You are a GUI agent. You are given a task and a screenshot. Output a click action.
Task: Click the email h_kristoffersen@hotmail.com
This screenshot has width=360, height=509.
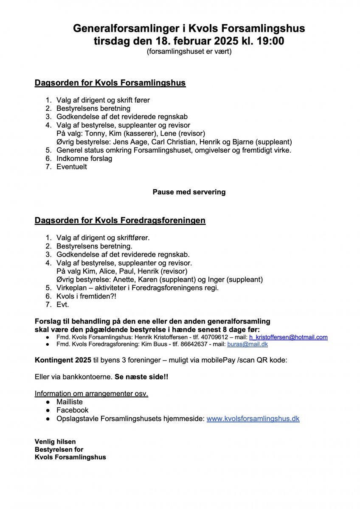coord(288,337)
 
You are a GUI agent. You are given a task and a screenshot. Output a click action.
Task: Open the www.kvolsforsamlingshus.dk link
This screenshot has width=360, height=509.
coord(253,419)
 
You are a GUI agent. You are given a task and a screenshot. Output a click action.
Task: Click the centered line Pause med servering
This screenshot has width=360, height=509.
coord(189,192)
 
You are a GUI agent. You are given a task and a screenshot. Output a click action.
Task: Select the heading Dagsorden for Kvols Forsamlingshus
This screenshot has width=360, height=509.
coord(110,83)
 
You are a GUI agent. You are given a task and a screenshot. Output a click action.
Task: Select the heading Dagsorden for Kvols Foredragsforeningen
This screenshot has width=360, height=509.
coord(120,221)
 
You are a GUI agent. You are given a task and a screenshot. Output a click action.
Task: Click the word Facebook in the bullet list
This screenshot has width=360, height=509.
coord(73,410)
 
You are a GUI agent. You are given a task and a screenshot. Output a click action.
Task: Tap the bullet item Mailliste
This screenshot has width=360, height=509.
coord(70,402)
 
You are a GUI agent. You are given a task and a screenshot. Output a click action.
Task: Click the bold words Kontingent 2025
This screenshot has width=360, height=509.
coord(63,361)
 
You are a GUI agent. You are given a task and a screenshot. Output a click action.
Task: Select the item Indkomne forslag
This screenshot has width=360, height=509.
coord(84,159)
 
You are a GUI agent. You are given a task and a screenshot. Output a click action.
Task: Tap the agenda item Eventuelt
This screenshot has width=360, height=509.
coord(72,167)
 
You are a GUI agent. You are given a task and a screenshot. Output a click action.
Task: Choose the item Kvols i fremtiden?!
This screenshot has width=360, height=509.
coord(86,296)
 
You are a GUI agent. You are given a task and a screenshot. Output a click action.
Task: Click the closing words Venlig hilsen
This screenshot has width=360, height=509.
coord(55,442)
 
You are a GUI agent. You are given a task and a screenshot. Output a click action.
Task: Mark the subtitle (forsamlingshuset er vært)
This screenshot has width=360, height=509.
coord(189,52)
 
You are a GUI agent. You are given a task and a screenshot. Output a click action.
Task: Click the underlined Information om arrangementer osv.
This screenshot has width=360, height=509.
coord(91,394)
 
